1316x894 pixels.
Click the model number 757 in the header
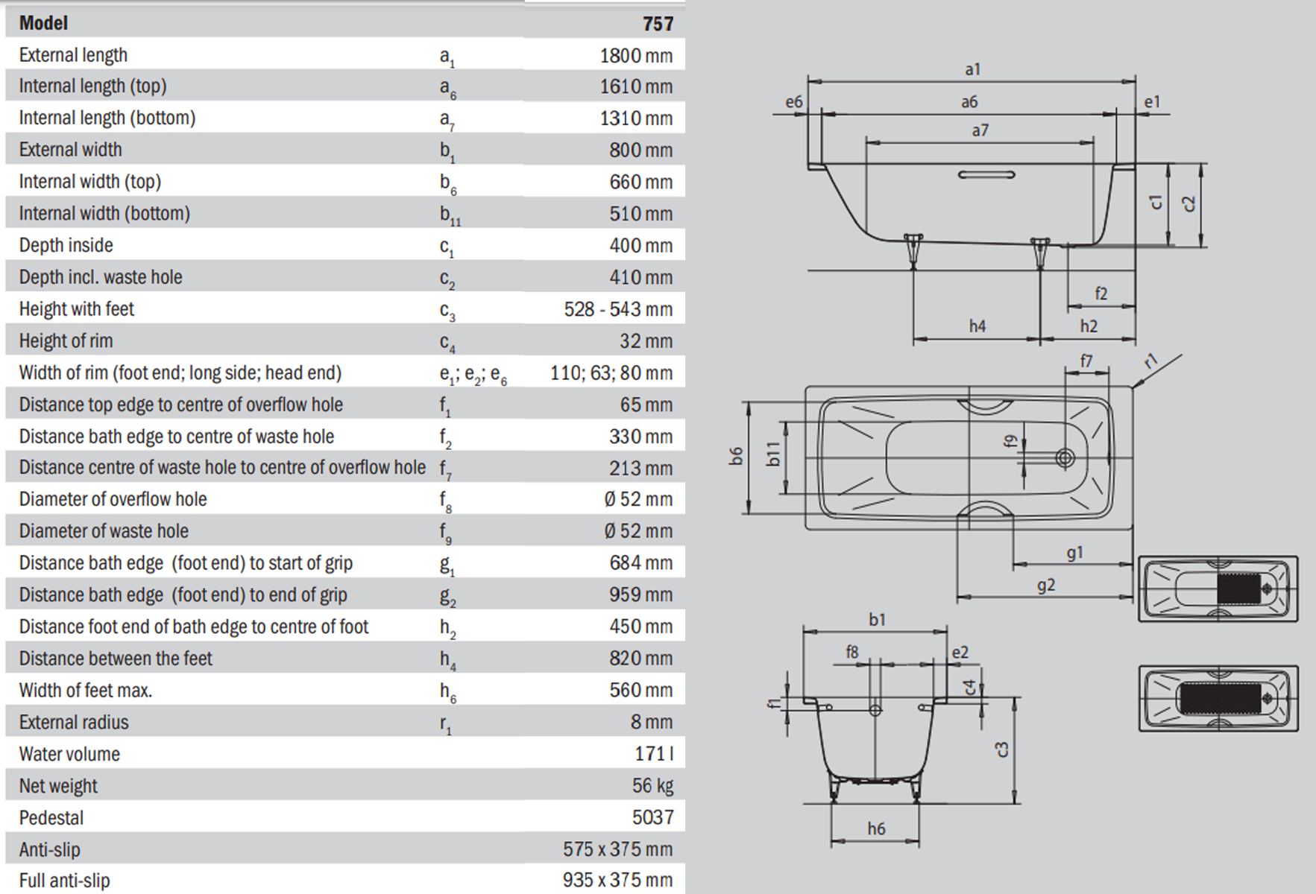(658, 24)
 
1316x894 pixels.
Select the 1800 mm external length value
(635, 56)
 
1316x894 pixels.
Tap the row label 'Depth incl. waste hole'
(101, 277)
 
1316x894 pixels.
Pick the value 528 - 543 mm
(617, 309)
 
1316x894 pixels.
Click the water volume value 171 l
(654, 754)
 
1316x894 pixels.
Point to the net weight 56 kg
(652, 786)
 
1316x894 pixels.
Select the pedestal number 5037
(652, 817)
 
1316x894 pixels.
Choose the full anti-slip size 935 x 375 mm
(617, 881)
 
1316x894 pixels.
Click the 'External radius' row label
(74, 722)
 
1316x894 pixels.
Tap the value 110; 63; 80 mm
(611, 373)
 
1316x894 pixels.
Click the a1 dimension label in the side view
(972, 69)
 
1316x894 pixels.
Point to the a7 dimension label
(980, 130)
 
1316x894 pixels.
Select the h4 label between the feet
(977, 326)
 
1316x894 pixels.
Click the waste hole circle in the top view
(1065, 457)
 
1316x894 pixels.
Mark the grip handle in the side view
(986, 175)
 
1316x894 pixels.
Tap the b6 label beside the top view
(737, 456)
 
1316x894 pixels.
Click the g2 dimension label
(1046, 586)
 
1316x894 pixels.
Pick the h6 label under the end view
(876, 828)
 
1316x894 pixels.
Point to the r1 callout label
(1152, 361)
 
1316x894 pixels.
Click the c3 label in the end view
(1002, 749)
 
